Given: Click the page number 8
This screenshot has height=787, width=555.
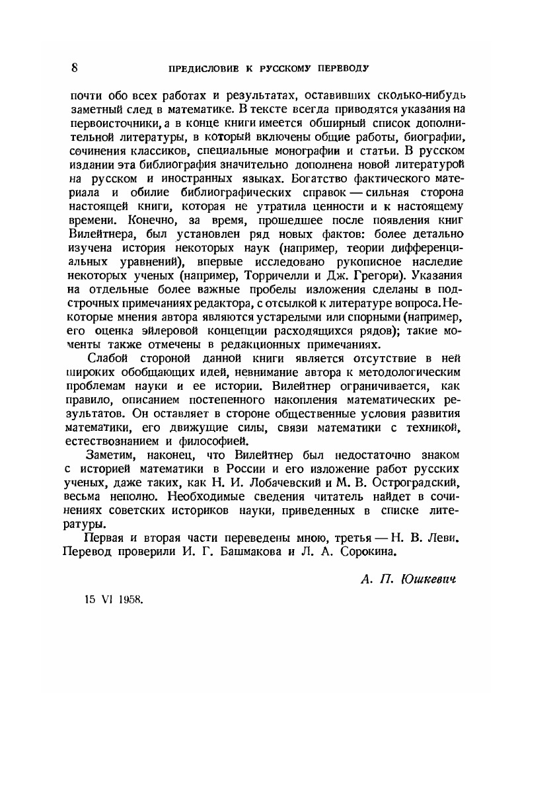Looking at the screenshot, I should click(75, 67).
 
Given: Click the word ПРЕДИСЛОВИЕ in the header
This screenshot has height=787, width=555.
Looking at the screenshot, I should click(202, 68).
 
